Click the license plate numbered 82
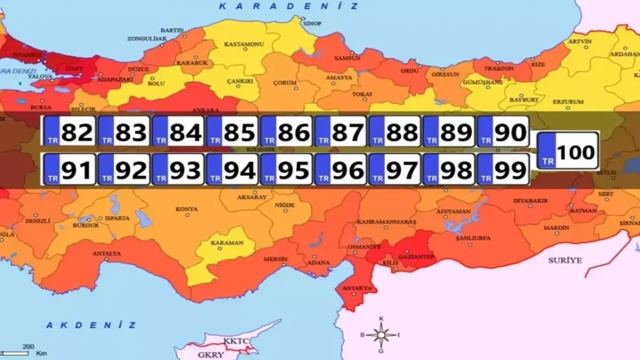coord(69,131)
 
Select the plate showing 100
coord(567,150)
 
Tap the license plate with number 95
coord(286,169)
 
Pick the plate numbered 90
coord(503,131)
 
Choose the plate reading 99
coord(503,169)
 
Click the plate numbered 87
coord(340,131)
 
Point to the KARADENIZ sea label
coord(289,6)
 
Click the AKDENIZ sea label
coord(91,325)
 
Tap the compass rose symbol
coord(381,335)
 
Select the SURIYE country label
coord(565,260)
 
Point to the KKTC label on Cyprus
coord(235,341)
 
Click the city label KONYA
coord(186,209)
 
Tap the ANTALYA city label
coord(106,253)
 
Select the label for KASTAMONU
coord(243,44)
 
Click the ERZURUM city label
coord(568,102)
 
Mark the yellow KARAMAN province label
coord(226,243)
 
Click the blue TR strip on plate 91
coord(52,169)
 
